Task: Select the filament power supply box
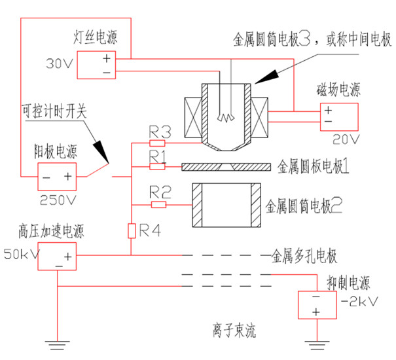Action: [x=104, y=64]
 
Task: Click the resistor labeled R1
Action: [x=157, y=166]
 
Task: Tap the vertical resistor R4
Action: [x=132, y=230]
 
